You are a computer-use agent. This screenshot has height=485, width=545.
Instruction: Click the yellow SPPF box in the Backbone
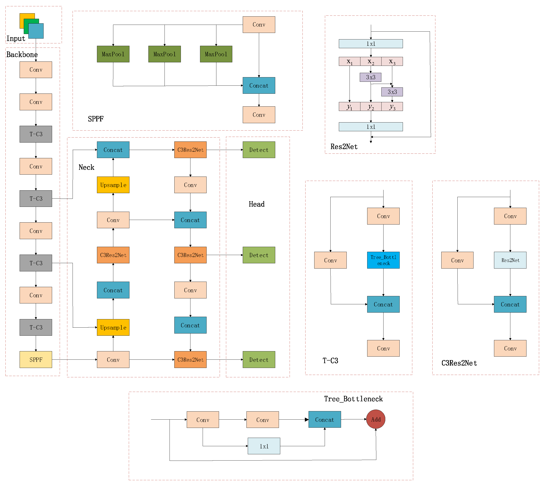[36, 359]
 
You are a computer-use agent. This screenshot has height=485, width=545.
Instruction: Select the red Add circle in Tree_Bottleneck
[375, 419]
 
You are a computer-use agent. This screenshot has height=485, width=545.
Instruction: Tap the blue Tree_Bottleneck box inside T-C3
[383, 260]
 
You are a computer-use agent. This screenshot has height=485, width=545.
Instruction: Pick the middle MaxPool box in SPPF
[165, 54]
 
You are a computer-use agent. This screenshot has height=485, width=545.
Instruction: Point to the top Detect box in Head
[259, 150]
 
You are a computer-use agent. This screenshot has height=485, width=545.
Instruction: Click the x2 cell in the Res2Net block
[371, 61]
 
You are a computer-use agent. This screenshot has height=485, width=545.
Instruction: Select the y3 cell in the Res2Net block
[392, 106]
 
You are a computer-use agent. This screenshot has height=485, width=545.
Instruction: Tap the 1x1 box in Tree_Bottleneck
[264, 446]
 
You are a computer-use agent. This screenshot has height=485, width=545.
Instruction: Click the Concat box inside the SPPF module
[259, 85]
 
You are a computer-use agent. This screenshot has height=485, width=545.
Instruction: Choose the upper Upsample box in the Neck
[113, 185]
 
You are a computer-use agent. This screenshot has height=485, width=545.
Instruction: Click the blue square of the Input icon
[36, 31]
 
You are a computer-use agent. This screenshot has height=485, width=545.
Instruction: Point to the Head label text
[256, 204]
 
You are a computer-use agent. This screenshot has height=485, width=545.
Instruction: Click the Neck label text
[86, 167]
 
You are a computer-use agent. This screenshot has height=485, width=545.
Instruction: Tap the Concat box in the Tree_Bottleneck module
[324, 419]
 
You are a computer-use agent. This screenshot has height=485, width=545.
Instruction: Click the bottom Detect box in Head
[259, 359]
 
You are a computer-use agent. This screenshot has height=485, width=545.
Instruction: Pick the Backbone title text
[22, 54]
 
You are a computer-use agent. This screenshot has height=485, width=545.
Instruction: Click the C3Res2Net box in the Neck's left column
[113, 255]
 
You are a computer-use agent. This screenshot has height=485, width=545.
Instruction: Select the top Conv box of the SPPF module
[259, 25]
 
